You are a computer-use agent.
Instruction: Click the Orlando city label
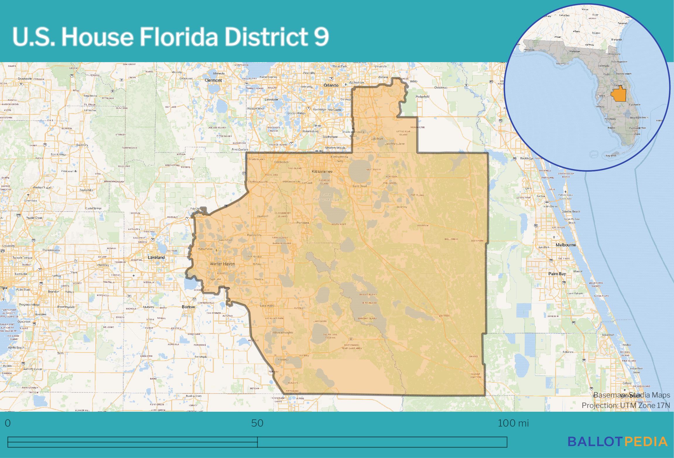[x=331, y=85]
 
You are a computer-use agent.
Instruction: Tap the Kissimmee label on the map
[x=322, y=171]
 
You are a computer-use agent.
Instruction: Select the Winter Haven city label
[x=222, y=264]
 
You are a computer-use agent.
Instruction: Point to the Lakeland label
[x=156, y=257]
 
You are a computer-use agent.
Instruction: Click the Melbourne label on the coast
[x=566, y=245]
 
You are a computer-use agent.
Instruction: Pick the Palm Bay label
[x=557, y=274]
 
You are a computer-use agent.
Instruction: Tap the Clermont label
[x=213, y=80]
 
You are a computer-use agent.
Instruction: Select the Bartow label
[x=188, y=307]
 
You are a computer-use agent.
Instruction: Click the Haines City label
[x=254, y=235]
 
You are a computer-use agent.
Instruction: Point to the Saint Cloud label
[x=359, y=186]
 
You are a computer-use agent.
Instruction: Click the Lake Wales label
[x=267, y=306]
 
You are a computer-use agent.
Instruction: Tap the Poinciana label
[x=302, y=223]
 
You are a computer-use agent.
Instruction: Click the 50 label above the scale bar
[x=257, y=423]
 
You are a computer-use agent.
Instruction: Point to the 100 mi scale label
[x=513, y=423]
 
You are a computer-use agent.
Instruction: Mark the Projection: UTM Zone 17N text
[x=626, y=405]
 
